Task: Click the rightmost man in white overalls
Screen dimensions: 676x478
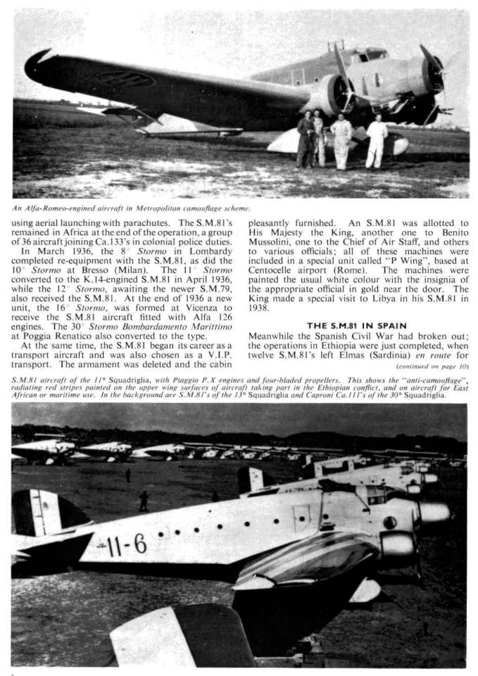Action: tap(377, 142)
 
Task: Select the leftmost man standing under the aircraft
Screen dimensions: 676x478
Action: tap(306, 139)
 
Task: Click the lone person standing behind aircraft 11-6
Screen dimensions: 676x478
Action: tap(144, 501)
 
